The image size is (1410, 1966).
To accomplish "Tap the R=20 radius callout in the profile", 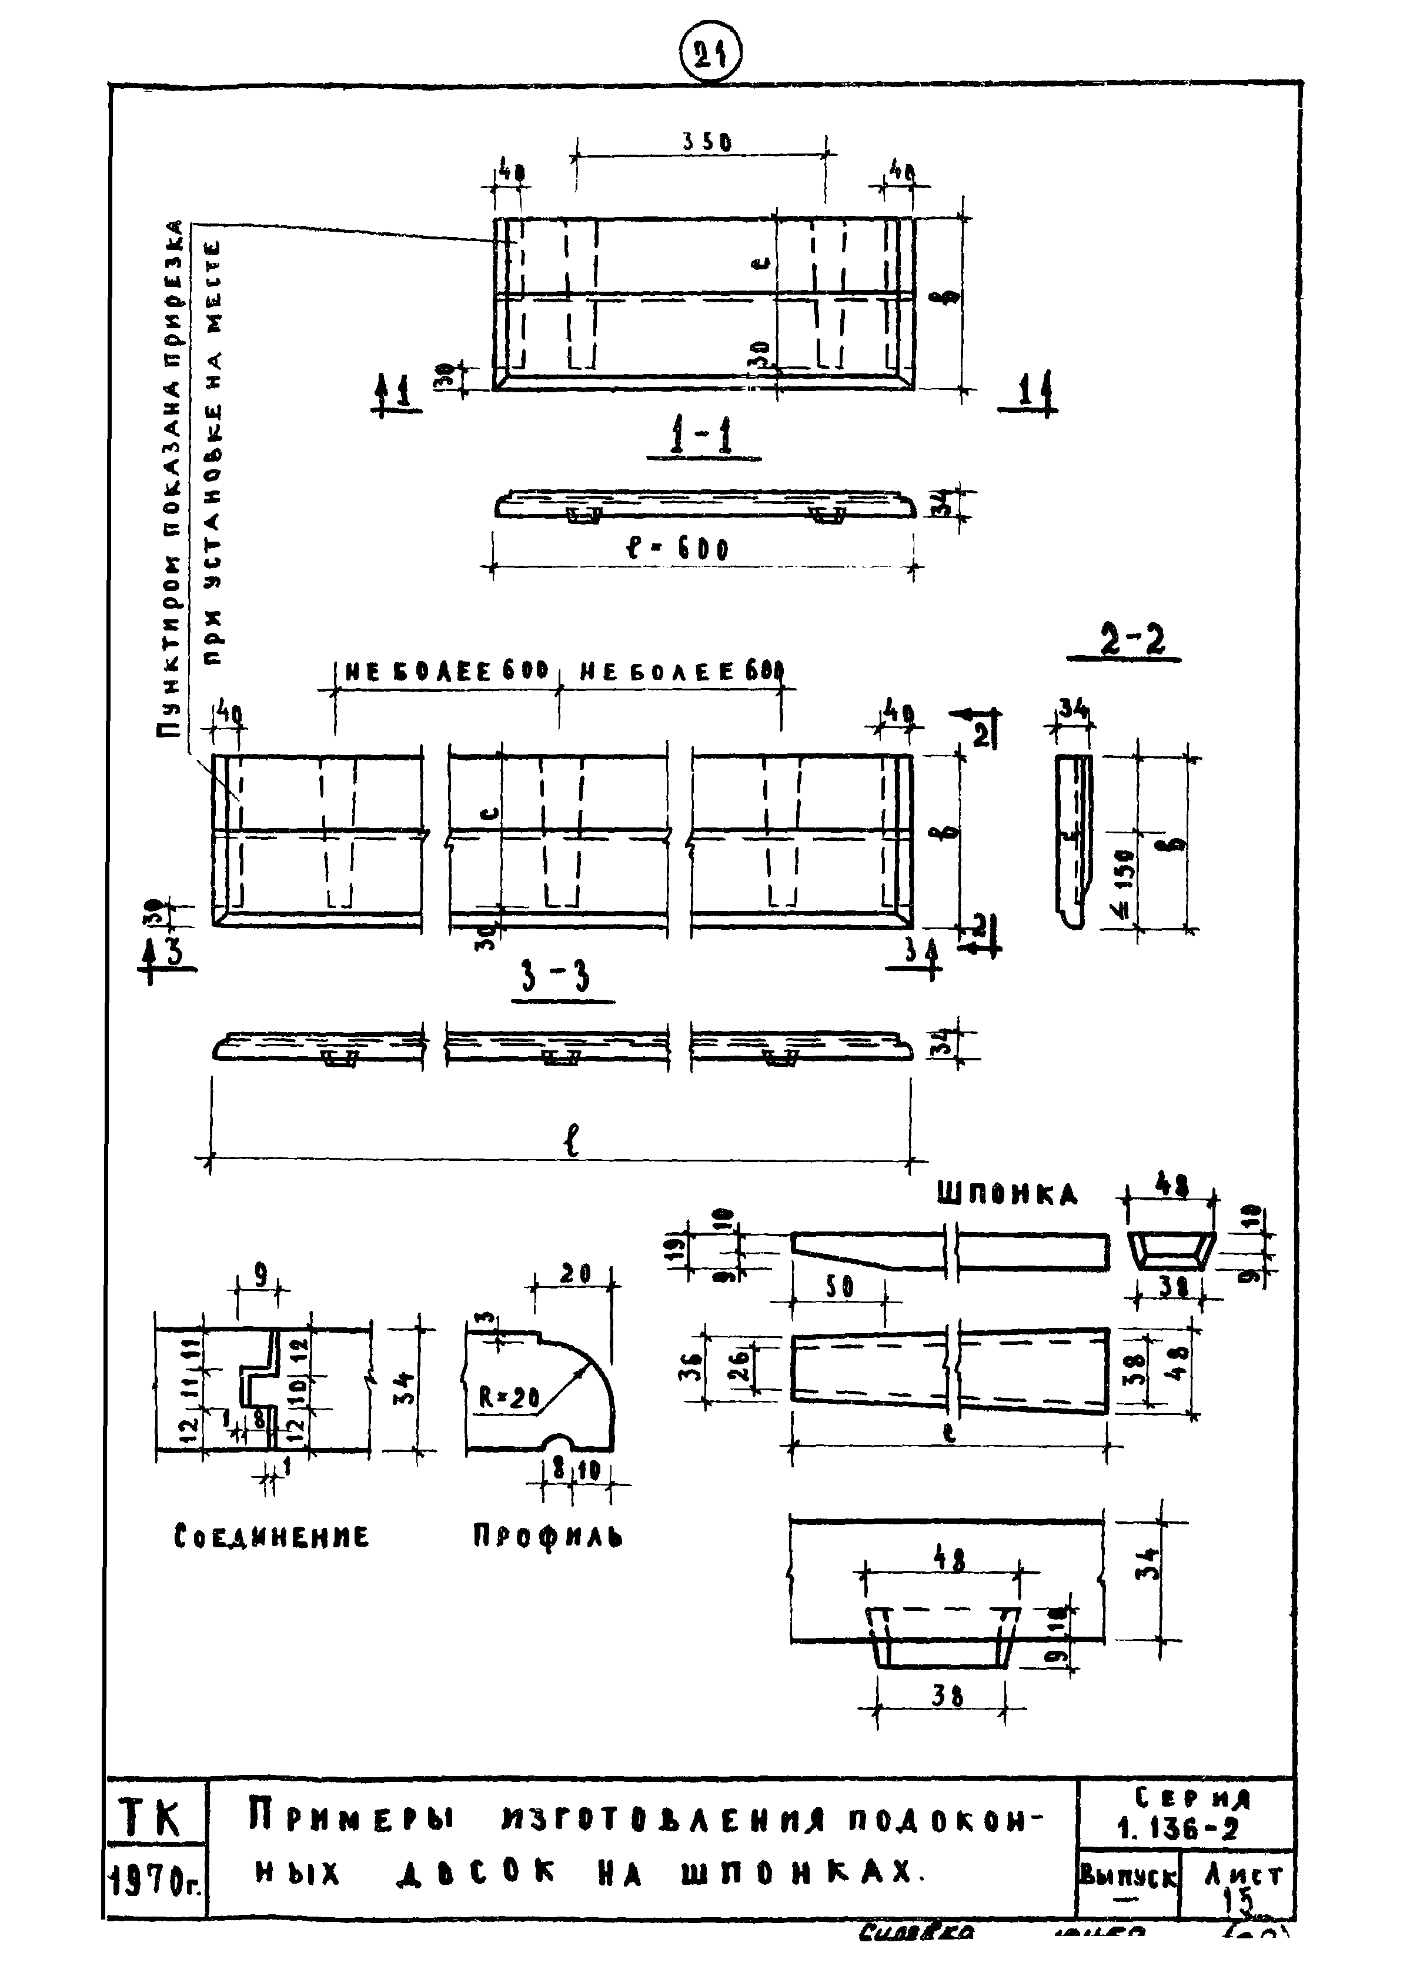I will tap(510, 1397).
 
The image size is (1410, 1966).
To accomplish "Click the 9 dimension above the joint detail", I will tap(260, 1273).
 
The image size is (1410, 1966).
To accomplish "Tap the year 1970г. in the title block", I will tap(156, 1882).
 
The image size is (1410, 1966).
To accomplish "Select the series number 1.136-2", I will tap(1178, 1828).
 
